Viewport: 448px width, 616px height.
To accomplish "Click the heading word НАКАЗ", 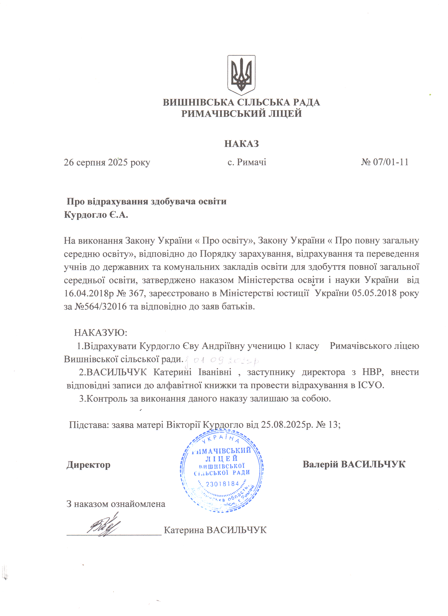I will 241,143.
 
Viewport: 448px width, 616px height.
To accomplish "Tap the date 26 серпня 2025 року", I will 107,162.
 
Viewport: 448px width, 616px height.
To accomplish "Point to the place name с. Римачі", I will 247,162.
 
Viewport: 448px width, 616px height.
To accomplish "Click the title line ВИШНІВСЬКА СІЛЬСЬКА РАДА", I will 241,102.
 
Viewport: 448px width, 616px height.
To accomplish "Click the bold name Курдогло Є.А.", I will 96,215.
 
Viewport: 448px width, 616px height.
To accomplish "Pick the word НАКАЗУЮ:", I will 100,333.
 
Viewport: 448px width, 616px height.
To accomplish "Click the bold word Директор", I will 89,465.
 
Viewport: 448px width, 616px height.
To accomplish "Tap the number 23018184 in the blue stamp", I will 222,484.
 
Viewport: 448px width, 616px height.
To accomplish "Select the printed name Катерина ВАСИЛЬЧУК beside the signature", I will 215,530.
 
